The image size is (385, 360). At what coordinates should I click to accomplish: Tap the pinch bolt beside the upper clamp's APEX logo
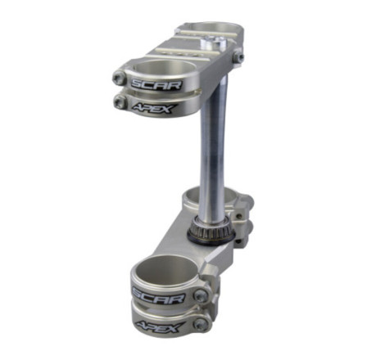(120, 102)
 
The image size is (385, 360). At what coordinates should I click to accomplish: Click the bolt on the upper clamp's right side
(238, 56)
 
